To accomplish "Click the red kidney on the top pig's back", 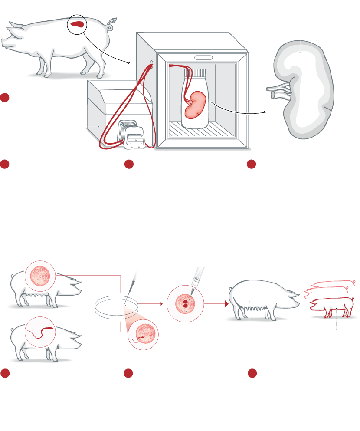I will (x=78, y=25).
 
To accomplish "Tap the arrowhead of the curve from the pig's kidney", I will (x=130, y=63).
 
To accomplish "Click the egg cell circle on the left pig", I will (x=40, y=276).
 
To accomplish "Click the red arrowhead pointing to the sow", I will (x=226, y=304).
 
